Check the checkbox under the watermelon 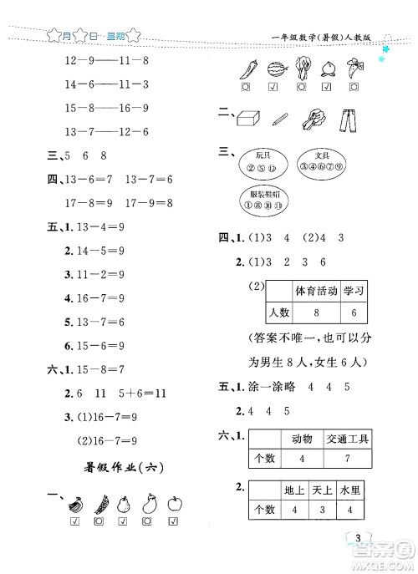pos(274,86)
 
